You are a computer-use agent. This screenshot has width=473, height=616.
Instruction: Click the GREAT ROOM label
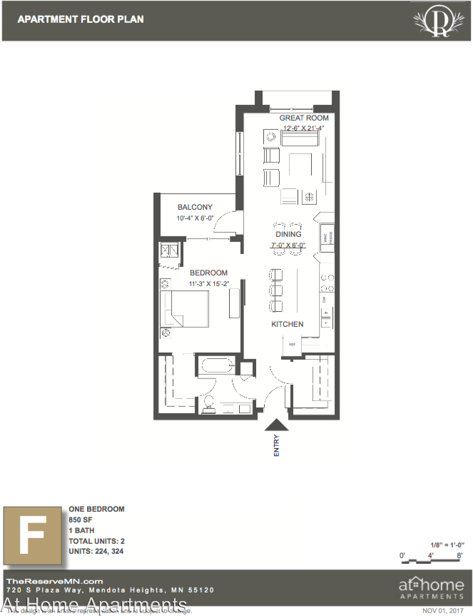click(304, 118)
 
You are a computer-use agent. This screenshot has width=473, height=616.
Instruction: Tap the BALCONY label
click(195, 208)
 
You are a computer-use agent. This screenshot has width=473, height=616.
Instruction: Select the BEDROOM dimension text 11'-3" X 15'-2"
click(208, 284)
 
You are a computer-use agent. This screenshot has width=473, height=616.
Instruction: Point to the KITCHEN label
click(288, 324)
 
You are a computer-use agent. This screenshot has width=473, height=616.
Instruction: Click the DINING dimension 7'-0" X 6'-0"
click(288, 245)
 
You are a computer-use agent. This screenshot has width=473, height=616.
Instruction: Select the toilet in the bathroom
click(209, 403)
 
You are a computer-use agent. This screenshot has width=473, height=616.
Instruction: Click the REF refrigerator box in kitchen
click(293, 345)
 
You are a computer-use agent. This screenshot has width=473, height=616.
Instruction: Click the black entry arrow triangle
click(277, 424)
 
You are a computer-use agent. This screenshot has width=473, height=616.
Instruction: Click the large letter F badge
click(31, 532)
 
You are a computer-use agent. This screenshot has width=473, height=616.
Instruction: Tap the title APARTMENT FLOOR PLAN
click(81, 19)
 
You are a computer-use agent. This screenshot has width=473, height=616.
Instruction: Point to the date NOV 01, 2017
click(442, 610)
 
